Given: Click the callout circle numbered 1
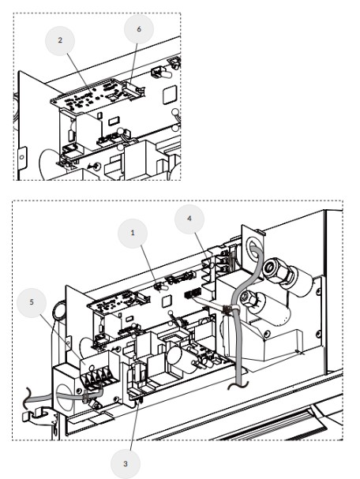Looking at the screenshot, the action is [133, 234].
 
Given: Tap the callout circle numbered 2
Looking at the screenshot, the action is [60, 40].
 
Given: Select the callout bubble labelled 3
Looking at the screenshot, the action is [126, 464].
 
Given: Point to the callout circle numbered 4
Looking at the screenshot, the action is [189, 219].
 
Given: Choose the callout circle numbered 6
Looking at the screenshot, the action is [139, 29].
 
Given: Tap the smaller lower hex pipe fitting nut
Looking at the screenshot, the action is [249, 298].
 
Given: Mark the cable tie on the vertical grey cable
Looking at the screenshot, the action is [227, 310].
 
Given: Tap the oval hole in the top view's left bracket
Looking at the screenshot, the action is [21, 157].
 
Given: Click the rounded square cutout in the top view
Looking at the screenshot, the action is [170, 95].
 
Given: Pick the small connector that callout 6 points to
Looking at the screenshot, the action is [132, 90].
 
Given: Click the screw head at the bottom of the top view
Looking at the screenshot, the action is [97, 167].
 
